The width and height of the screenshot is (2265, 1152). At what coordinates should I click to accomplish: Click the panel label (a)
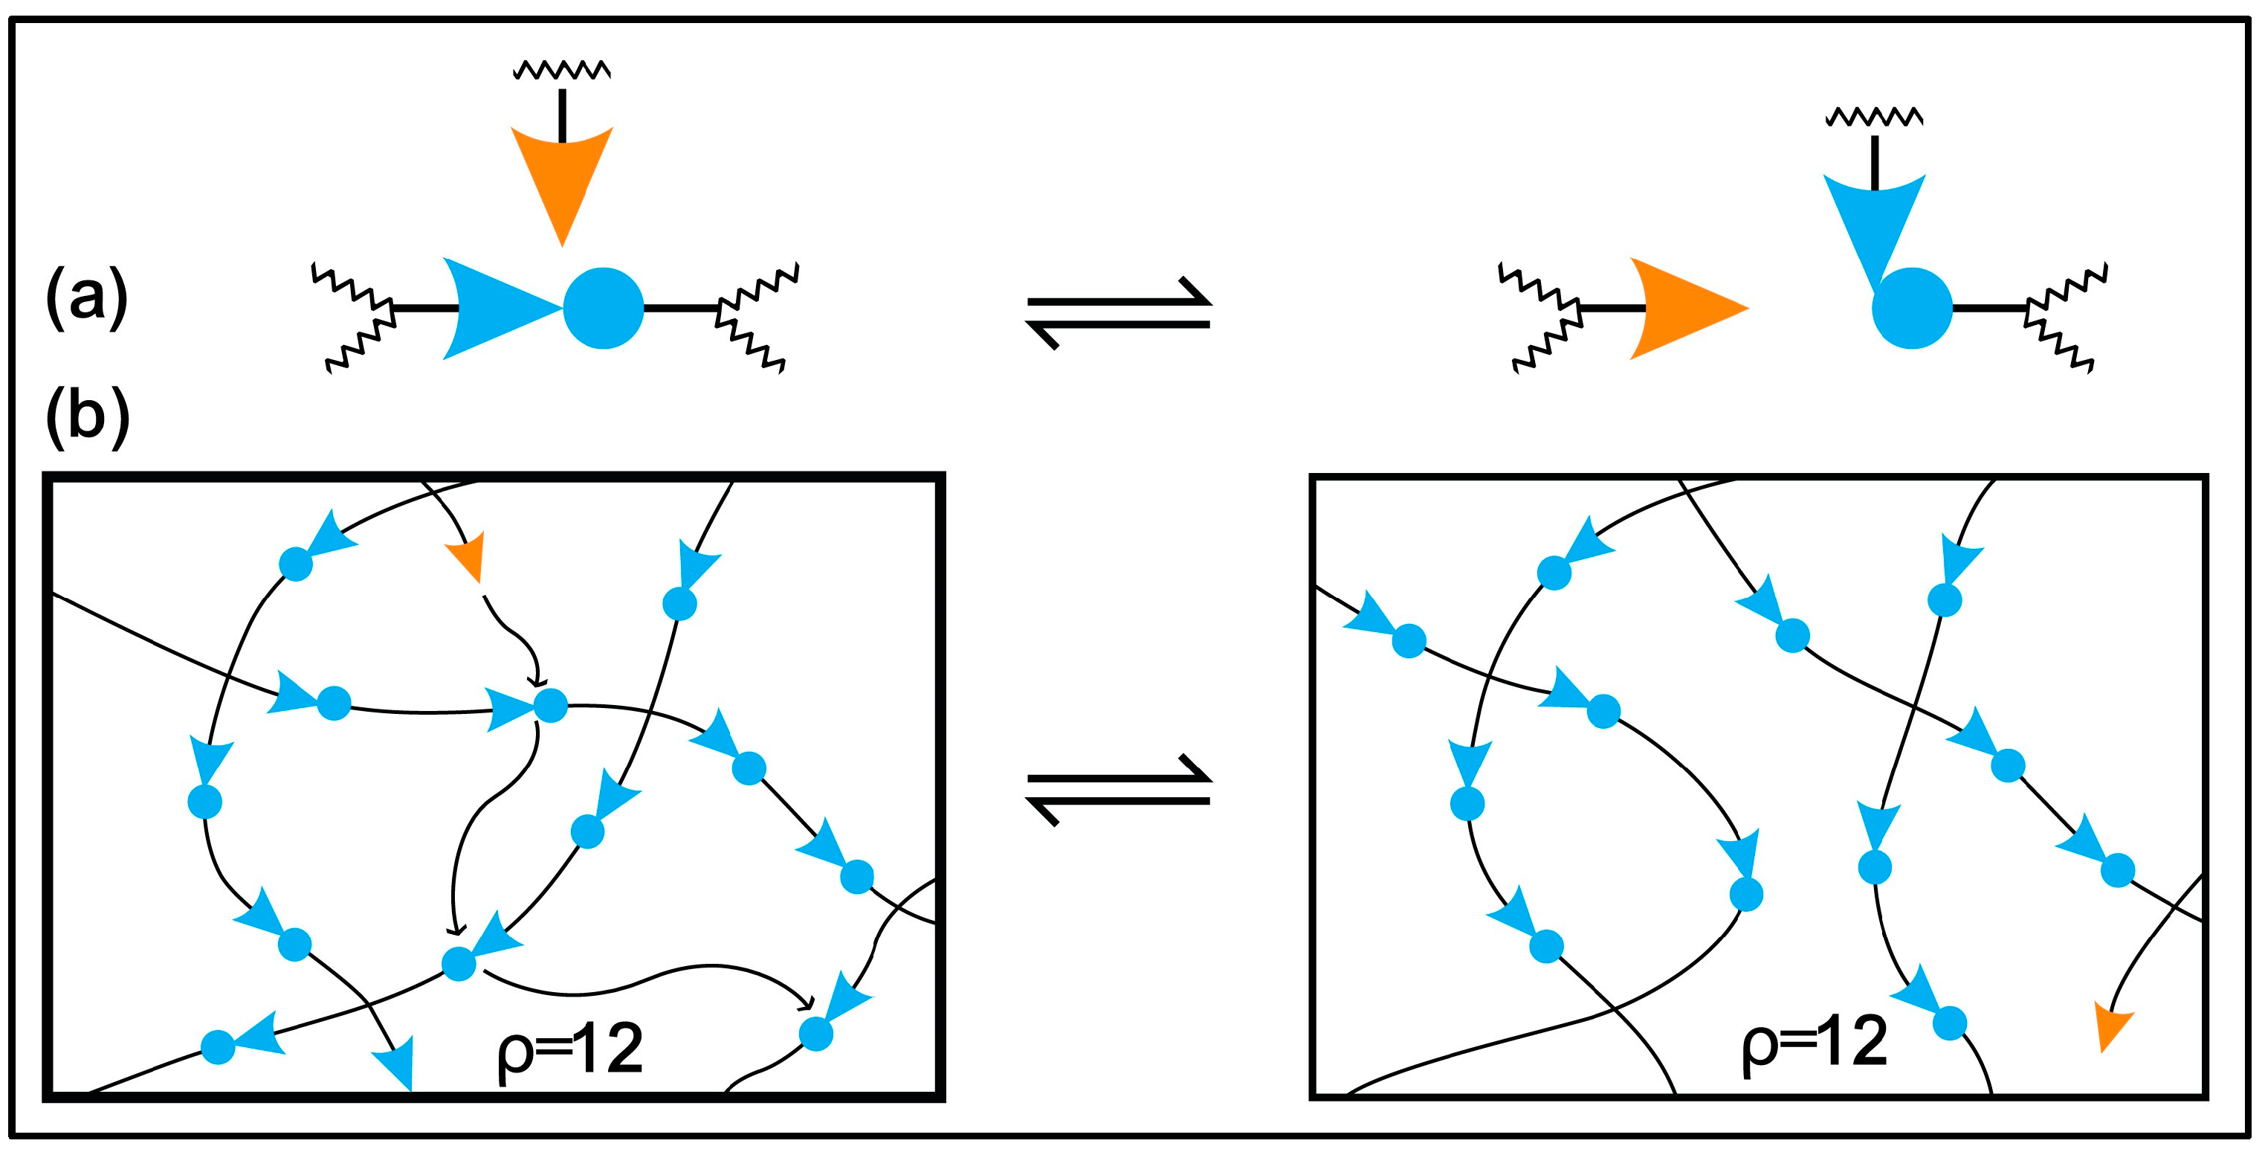click(x=86, y=299)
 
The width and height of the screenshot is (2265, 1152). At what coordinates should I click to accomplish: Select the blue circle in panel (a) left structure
click(x=603, y=308)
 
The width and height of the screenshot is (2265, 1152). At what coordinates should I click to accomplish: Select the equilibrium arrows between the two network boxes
click(x=1119, y=790)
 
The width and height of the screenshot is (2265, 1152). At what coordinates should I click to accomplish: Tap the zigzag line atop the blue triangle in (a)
click(x=1874, y=116)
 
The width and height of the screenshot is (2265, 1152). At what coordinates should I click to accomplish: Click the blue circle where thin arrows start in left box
click(x=552, y=705)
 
